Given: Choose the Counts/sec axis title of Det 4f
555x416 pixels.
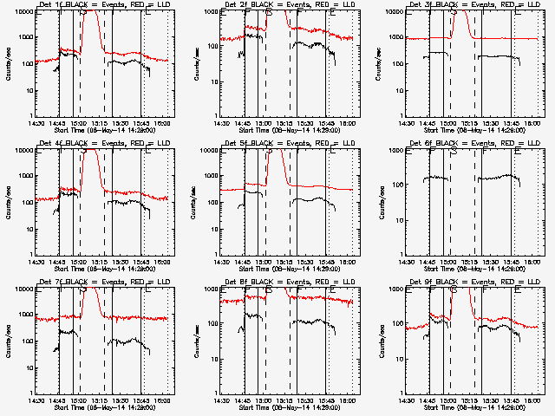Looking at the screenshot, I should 9,202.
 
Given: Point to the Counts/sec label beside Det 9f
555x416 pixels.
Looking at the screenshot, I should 378,341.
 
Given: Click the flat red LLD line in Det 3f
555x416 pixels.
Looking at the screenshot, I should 503,38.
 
